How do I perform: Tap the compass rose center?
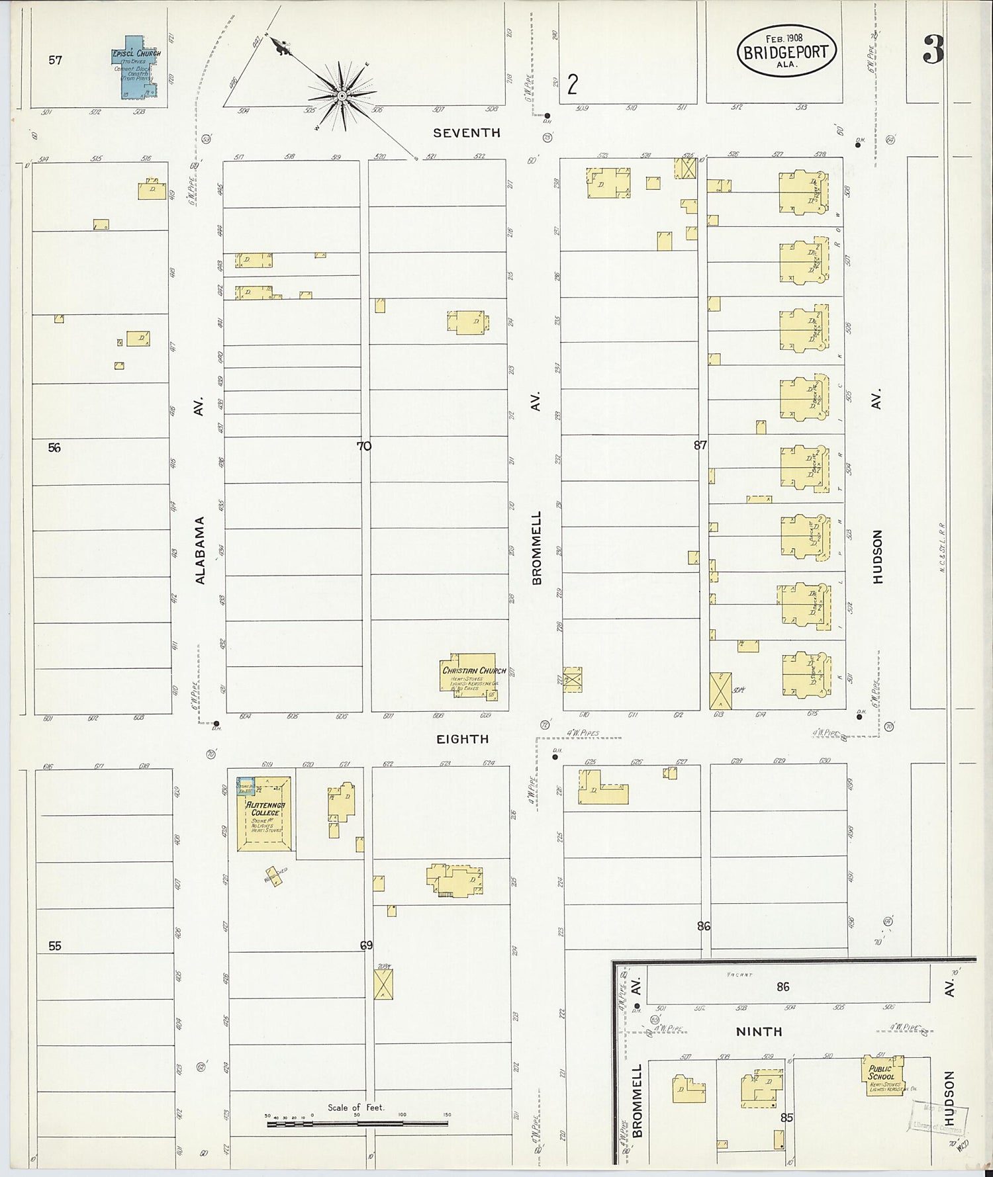(x=342, y=97)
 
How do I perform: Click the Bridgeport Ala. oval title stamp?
(x=786, y=51)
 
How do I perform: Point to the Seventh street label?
(x=466, y=133)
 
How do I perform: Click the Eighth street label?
(x=462, y=739)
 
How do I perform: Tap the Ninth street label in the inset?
(x=759, y=1031)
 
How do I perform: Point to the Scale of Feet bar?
(x=357, y=1123)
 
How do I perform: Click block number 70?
(x=364, y=446)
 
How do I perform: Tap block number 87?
(x=700, y=445)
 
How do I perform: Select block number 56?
(x=54, y=448)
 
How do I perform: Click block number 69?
(x=366, y=945)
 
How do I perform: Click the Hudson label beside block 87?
(x=878, y=557)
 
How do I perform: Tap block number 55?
(x=54, y=946)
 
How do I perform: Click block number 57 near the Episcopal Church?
(x=55, y=60)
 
